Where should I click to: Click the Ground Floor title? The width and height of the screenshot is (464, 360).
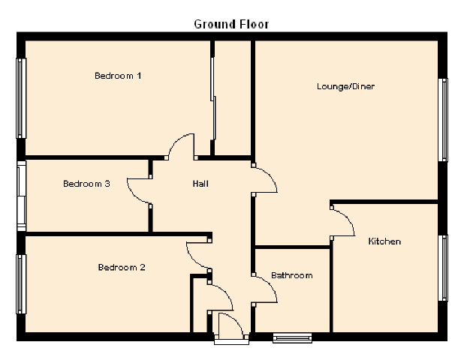point(231,24)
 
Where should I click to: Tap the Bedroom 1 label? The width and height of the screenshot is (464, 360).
point(118,76)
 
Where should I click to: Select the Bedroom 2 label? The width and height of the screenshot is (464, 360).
point(121,268)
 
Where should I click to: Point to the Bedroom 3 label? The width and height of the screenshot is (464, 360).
point(86,184)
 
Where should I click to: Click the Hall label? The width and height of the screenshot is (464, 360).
point(200,184)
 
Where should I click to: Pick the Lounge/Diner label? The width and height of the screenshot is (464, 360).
point(345,87)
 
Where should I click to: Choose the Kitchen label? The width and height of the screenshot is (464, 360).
point(384,241)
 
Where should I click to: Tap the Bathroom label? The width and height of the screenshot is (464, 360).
point(291,275)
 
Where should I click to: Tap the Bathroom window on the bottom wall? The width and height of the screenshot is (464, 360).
point(292,337)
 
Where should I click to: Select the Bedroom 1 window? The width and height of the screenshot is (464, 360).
point(22,97)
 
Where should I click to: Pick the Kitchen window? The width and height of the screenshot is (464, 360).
point(444,268)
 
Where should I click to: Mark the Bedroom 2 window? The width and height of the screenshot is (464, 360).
point(22,284)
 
